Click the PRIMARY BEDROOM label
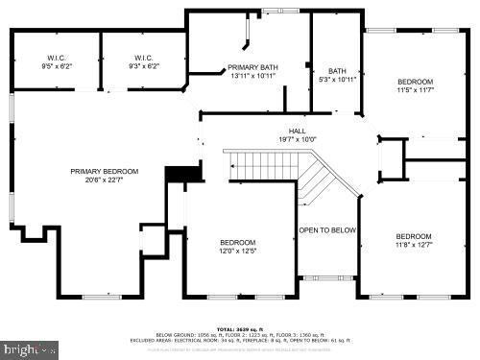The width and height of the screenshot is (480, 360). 104,172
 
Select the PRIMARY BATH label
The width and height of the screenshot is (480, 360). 252,67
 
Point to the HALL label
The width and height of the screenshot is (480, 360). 298,132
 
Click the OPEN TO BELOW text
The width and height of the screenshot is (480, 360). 327,230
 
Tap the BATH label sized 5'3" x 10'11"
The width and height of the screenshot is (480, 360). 337,70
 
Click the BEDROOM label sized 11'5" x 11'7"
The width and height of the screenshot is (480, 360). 415,81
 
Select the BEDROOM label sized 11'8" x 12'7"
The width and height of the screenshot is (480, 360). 414,236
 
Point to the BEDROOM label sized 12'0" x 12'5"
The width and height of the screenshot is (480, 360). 237,242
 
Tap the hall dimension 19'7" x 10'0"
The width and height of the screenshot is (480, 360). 298,140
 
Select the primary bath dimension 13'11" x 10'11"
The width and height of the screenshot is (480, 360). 252,76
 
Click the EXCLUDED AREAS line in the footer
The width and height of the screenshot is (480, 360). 239,339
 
